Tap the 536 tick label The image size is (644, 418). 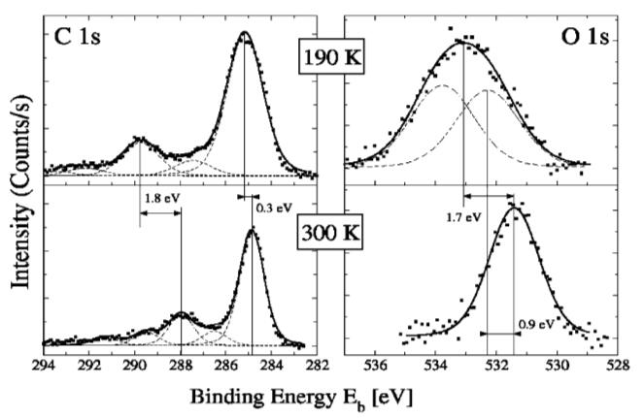374,366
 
